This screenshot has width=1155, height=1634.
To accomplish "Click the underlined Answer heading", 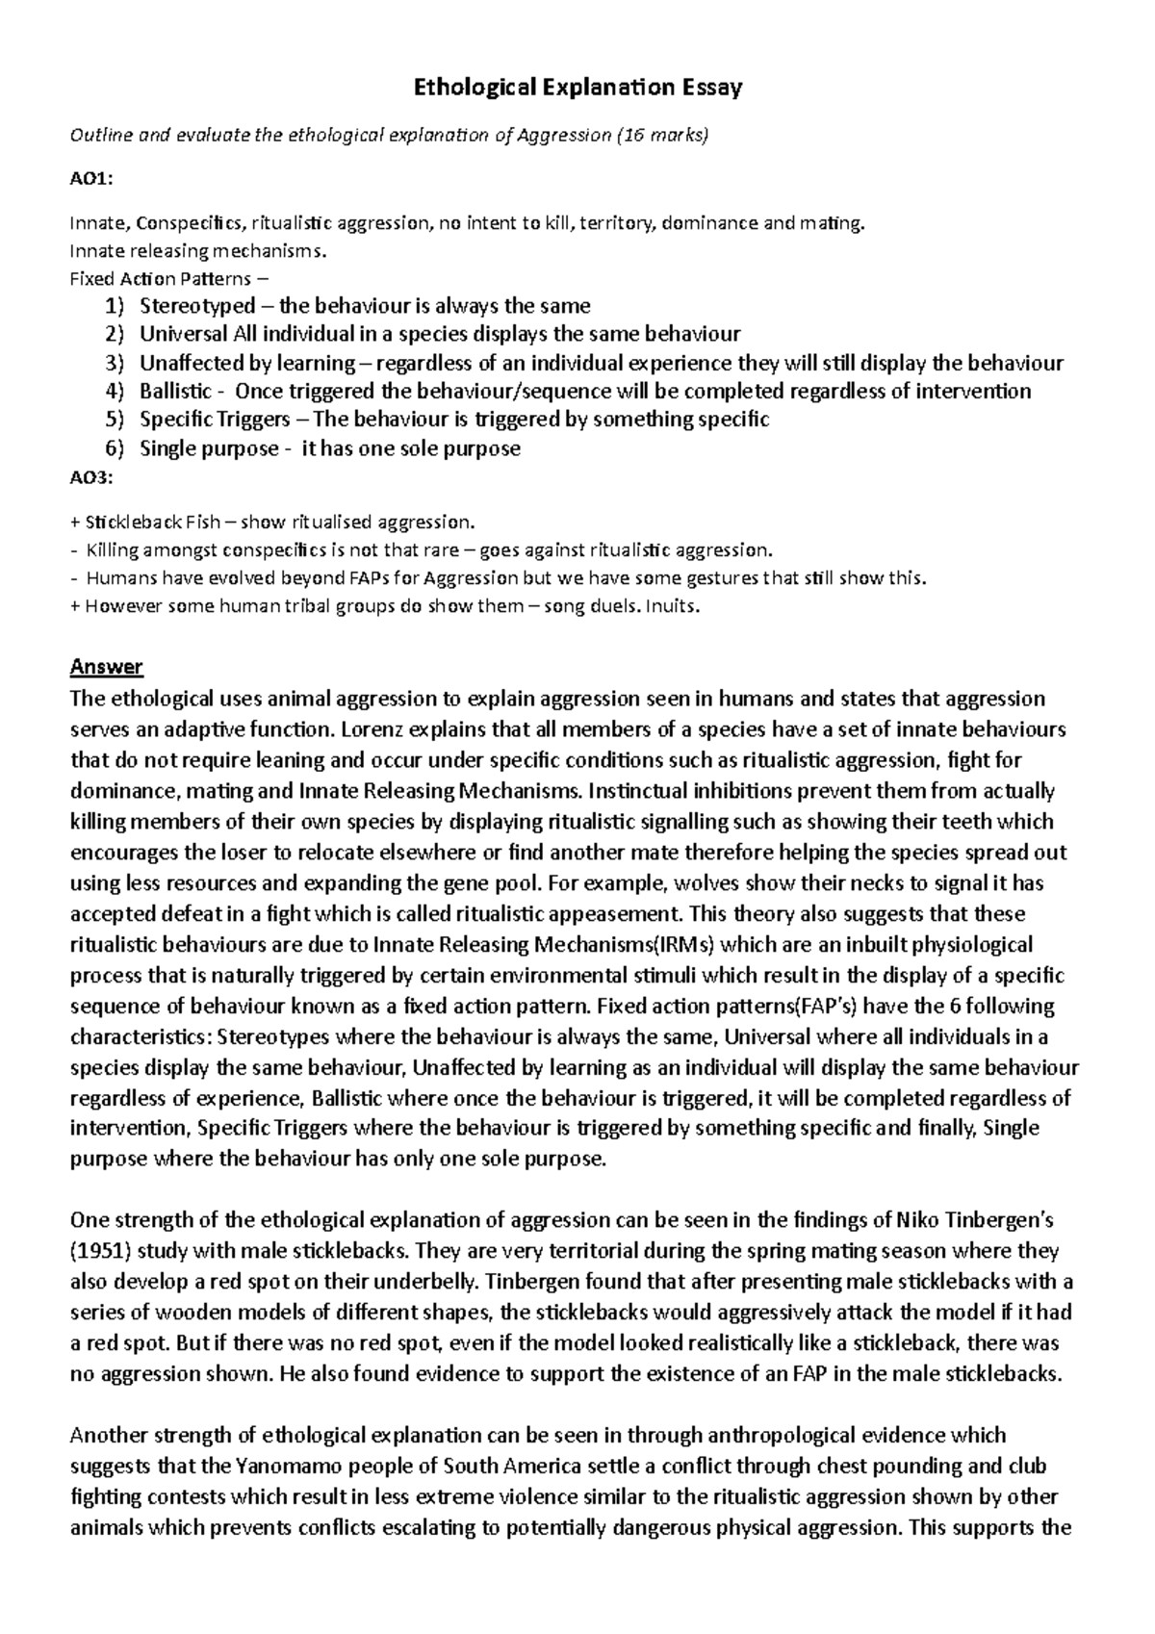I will (107, 667).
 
